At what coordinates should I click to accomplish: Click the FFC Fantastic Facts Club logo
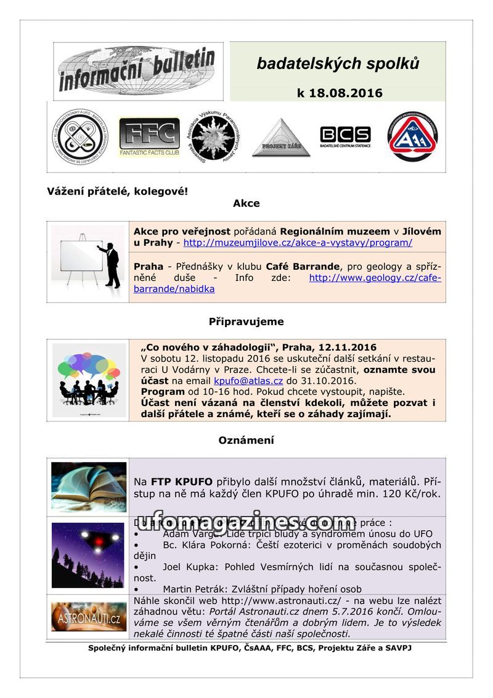click(x=149, y=136)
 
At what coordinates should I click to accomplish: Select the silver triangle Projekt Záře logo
click(x=281, y=138)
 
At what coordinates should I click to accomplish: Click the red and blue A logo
click(x=412, y=136)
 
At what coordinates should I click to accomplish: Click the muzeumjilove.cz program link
click(x=298, y=243)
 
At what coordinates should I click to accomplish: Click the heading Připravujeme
click(x=246, y=322)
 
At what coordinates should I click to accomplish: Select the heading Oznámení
click(x=246, y=440)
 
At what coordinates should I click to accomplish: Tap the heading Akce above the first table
click(x=246, y=203)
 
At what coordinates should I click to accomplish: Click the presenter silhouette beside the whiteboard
click(x=112, y=264)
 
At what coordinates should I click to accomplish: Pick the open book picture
click(x=89, y=487)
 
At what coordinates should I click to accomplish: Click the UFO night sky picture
click(x=89, y=555)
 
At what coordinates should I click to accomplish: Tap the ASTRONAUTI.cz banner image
click(x=89, y=616)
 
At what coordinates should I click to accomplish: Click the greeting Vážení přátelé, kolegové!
click(x=117, y=191)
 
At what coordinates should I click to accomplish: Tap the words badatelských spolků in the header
click(x=338, y=64)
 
